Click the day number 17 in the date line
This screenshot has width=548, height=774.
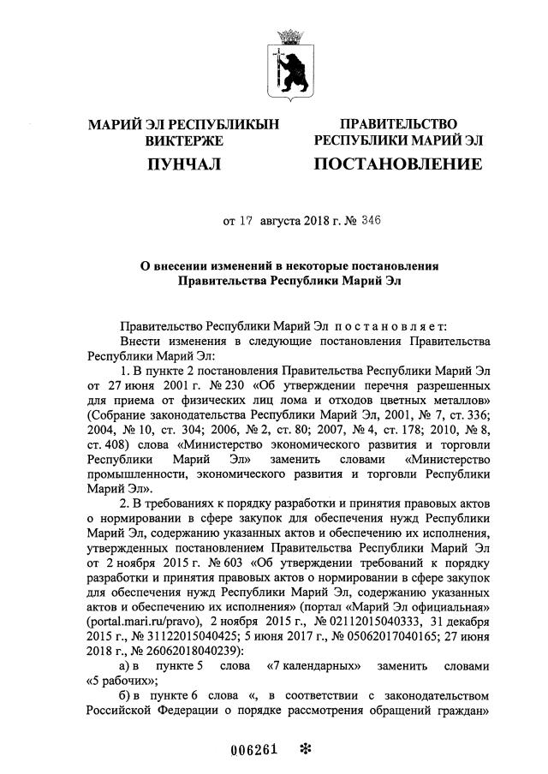(x=246, y=220)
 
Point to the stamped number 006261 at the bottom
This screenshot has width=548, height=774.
(x=256, y=748)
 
